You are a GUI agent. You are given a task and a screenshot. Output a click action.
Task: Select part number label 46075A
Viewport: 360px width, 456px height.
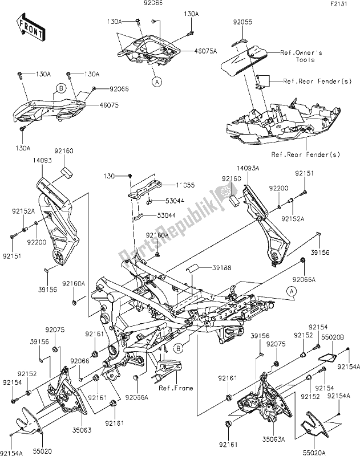pos(191,51)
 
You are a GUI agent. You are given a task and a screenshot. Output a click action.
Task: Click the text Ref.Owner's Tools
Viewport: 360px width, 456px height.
pos(302,55)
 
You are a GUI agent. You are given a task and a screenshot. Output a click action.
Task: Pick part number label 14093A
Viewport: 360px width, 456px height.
pos(248,169)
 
